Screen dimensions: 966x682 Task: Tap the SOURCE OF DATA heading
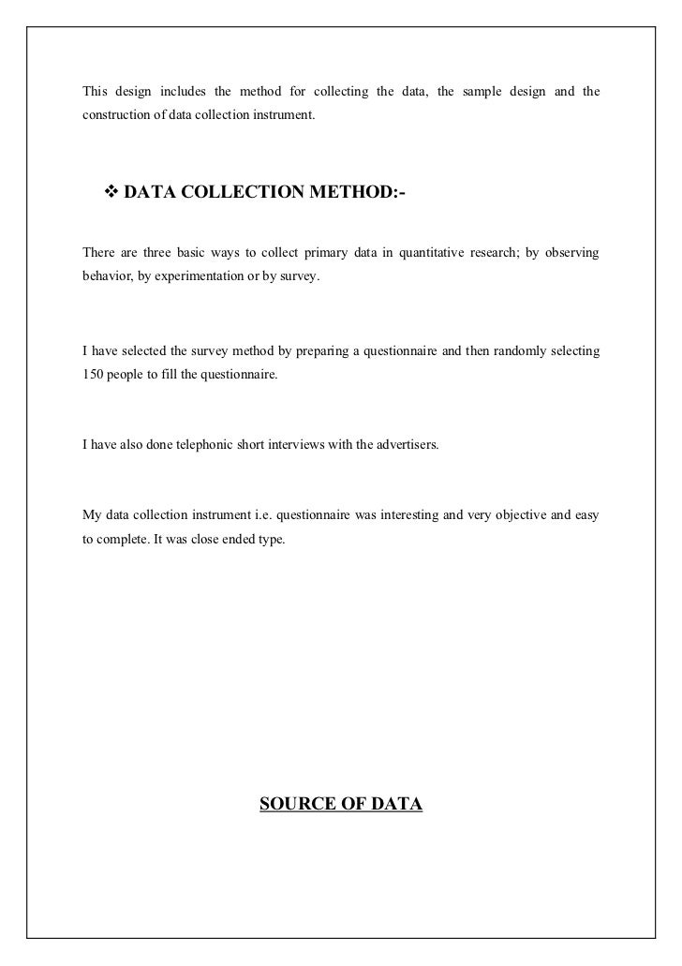(x=341, y=804)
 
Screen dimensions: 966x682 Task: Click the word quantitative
(x=437, y=255)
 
